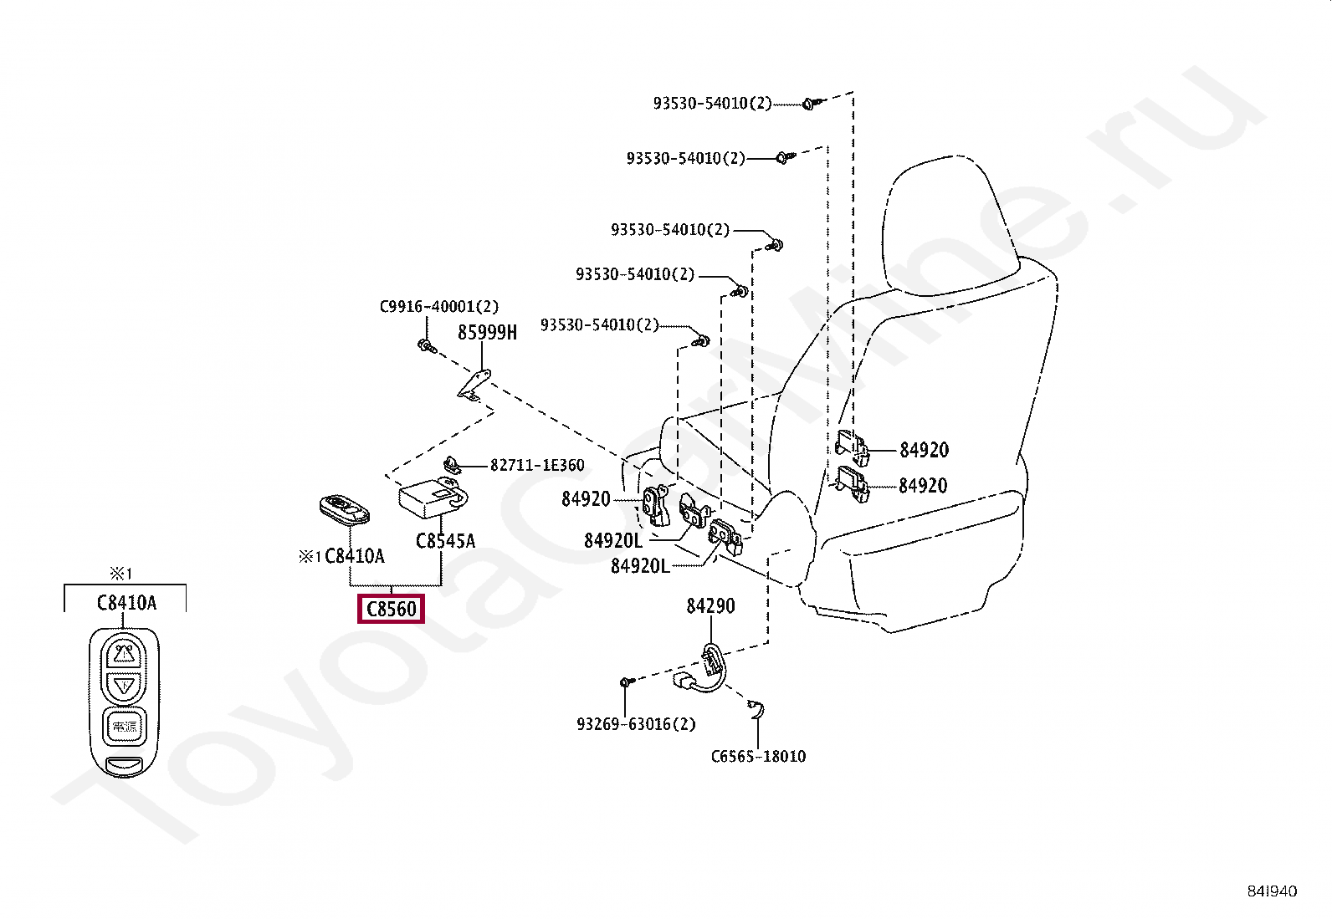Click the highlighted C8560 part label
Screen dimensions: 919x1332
click(391, 609)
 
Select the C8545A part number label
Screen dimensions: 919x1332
click(445, 541)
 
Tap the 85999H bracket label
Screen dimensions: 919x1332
click(487, 333)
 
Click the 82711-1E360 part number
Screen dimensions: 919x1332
click(537, 465)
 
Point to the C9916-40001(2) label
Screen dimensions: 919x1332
click(438, 307)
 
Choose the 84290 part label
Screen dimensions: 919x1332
click(710, 605)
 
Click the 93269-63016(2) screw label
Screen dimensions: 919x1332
click(636, 724)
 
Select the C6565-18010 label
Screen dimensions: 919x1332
click(758, 757)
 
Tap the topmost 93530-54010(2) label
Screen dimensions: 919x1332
click(712, 104)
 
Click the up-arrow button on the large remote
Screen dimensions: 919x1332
click(124, 652)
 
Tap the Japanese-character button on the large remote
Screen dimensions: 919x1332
click(124, 726)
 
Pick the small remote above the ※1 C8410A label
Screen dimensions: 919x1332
click(344, 508)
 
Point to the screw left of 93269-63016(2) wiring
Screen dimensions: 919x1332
click(627, 683)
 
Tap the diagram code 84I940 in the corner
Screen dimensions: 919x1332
click(1269, 891)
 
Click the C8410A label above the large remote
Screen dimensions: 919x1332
click(126, 602)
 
